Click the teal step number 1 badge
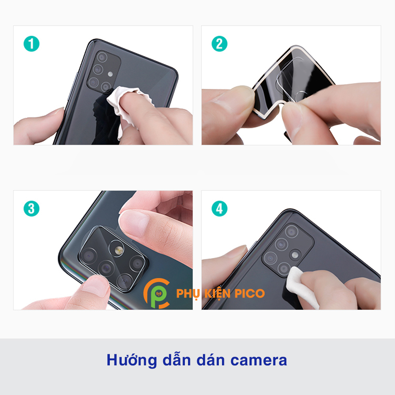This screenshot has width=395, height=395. (x=32, y=44)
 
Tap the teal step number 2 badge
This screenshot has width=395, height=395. (x=219, y=44)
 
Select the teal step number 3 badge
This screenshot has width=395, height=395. (x=32, y=209)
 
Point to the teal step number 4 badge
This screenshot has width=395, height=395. (x=219, y=209)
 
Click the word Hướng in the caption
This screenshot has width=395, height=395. (x=132, y=361)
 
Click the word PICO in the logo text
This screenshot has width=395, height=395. (x=249, y=293)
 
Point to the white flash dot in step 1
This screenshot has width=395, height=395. (x=110, y=74)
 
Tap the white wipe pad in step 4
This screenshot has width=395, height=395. (x=301, y=287)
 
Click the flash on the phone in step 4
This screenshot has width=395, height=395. (x=295, y=255)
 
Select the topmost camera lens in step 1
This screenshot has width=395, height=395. (x=102, y=57)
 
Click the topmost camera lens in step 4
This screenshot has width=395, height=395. (x=292, y=231)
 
